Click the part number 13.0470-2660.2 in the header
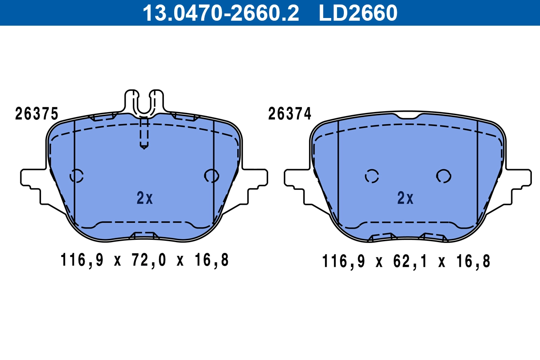(x=220, y=13)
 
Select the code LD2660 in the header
(x=358, y=13)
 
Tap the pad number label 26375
(x=36, y=114)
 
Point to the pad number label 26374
(x=290, y=114)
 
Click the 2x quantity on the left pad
(x=144, y=198)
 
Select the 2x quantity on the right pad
(x=405, y=198)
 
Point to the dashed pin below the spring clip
(x=144, y=133)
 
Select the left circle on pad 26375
(x=76, y=175)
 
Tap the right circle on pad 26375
(x=211, y=175)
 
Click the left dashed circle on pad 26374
(x=372, y=176)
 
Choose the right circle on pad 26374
(x=443, y=176)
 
